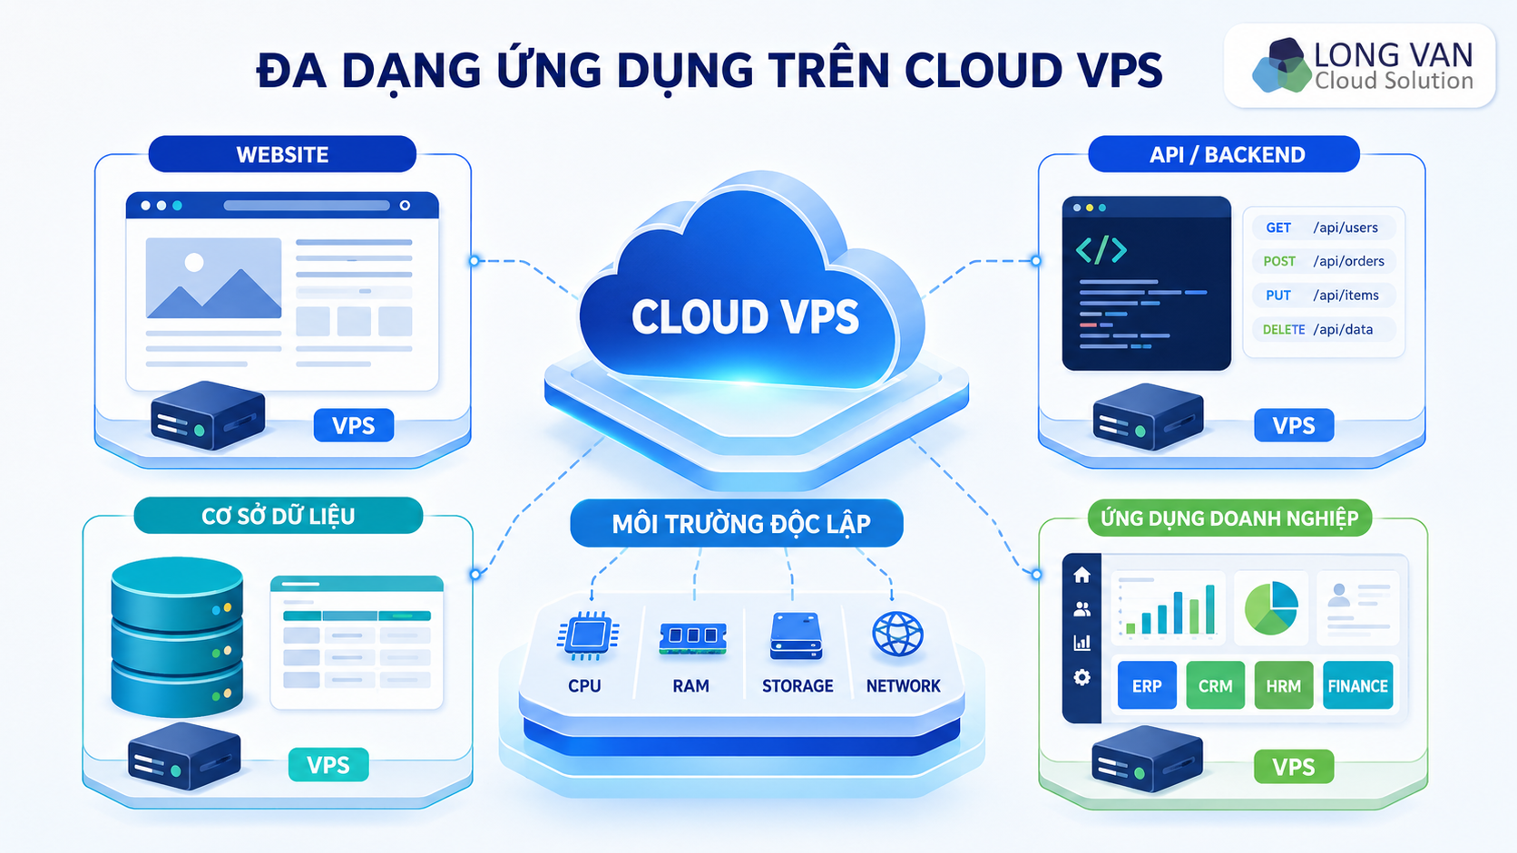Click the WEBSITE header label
click(282, 154)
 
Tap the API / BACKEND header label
click(1224, 154)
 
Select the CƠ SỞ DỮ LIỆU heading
click(279, 516)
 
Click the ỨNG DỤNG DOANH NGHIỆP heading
click(1229, 519)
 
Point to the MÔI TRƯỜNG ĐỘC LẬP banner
click(737, 524)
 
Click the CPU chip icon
click(587, 635)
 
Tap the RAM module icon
click(692, 638)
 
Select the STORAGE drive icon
click(797, 635)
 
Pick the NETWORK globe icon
click(897, 635)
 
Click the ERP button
click(1147, 685)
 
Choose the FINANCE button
click(1358, 685)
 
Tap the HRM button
click(1283, 685)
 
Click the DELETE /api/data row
click(1324, 329)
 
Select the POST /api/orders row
click(1324, 261)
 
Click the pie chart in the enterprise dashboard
click(1271, 607)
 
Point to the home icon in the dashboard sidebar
click(1081, 575)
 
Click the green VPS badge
click(1294, 766)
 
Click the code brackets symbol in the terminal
click(1101, 249)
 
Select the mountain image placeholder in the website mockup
click(213, 278)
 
